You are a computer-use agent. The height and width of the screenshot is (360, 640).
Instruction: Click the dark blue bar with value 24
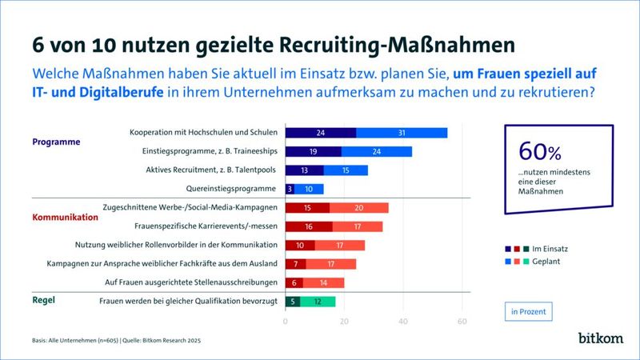pyautogui.click(x=320, y=133)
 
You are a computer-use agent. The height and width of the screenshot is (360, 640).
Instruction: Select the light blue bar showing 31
pyautogui.click(x=401, y=133)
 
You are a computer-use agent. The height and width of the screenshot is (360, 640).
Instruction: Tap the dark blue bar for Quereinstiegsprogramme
pyautogui.click(x=290, y=189)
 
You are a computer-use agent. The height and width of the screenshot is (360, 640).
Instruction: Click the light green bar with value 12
pyautogui.click(x=318, y=302)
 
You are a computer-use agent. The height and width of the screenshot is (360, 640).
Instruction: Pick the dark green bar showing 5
pyautogui.click(x=293, y=302)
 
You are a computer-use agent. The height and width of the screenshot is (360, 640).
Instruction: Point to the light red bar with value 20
pyautogui.click(x=358, y=208)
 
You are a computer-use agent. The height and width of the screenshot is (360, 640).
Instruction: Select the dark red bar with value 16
pyautogui.click(x=309, y=226)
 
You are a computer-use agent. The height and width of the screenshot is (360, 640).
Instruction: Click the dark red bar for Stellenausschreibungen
pyautogui.click(x=294, y=282)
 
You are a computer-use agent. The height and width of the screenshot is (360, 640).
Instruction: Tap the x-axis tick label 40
pyautogui.click(x=403, y=322)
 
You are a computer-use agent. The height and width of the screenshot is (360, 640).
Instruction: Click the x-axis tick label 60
pyautogui.click(x=462, y=322)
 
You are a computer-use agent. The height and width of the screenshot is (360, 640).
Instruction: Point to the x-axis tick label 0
pyautogui.click(x=286, y=322)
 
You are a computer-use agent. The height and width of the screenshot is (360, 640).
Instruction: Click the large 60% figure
pyautogui.click(x=541, y=151)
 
